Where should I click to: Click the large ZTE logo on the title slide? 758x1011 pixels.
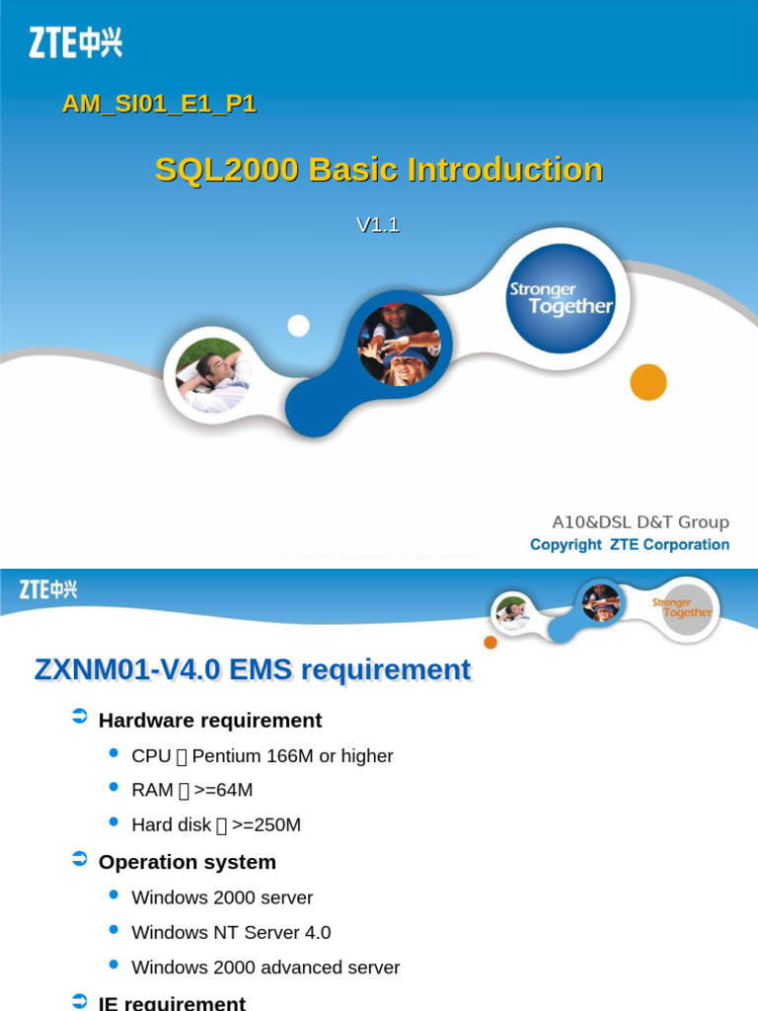(x=76, y=42)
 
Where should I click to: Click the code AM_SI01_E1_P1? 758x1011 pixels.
(x=159, y=103)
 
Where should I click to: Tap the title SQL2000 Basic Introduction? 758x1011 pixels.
(x=379, y=170)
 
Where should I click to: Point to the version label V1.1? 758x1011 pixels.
(x=378, y=225)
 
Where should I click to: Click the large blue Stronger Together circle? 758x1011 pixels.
(x=560, y=298)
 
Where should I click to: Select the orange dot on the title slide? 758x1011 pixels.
(x=648, y=382)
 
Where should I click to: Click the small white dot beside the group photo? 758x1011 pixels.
(x=298, y=326)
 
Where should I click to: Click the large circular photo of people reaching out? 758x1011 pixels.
(x=399, y=345)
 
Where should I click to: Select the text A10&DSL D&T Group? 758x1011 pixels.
(x=640, y=522)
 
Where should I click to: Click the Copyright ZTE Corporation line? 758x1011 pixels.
(x=630, y=545)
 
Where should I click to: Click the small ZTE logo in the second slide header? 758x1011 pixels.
(x=48, y=589)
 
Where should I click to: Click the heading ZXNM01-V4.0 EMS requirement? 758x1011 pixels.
(x=253, y=670)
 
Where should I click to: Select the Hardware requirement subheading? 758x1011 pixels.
(x=210, y=721)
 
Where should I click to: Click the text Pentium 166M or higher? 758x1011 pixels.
(x=292, y=756)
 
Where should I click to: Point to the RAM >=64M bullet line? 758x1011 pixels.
(x=192, y=791)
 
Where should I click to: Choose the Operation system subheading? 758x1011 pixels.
(x=188, y=862)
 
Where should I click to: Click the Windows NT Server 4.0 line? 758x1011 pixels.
(x=231, y=932)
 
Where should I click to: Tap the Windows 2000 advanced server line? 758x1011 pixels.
(x=265, y=968)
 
